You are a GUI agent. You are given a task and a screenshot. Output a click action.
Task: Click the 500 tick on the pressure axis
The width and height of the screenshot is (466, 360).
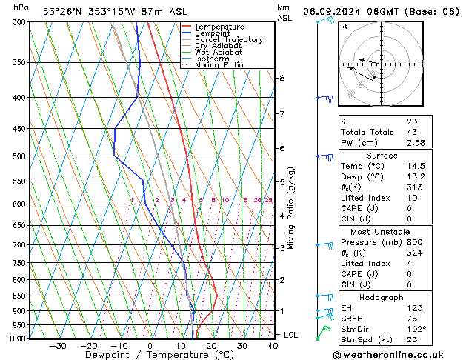20,156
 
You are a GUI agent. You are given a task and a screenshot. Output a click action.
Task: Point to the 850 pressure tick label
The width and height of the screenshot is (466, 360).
20,296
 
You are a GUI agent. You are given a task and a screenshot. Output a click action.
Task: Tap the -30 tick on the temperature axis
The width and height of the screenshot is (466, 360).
58,346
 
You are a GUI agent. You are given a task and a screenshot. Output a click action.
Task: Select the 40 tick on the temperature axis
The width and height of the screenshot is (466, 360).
273,346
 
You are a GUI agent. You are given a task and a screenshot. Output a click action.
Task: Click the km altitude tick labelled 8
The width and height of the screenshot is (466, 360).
282,78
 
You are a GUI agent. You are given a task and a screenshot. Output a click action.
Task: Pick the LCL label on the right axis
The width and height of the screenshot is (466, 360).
290,335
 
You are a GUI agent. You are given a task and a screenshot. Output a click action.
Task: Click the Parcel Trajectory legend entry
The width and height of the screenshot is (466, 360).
228,40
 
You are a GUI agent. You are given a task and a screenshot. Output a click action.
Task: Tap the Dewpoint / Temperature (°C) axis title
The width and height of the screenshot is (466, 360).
149,356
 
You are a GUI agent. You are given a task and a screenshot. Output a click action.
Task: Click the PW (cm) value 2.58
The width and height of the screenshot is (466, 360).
416,142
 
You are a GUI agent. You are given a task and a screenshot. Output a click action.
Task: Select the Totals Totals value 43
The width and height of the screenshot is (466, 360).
411,132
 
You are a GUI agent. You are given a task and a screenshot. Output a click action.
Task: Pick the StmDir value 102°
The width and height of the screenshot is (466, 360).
416,329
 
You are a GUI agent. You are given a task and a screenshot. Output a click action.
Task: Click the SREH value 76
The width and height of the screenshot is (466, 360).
411,319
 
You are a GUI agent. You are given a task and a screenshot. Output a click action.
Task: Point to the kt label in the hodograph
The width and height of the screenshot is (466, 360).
344,26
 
